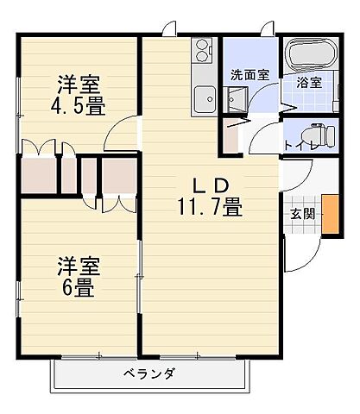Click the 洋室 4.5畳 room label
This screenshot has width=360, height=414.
coord(79,94)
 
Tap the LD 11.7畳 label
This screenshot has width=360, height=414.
coord(210,196)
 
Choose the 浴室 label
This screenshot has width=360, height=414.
coord(309,84)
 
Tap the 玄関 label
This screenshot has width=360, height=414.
coord(301,214)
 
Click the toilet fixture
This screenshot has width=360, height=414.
coord(312,134)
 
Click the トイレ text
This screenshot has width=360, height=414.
coord(298,144)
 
